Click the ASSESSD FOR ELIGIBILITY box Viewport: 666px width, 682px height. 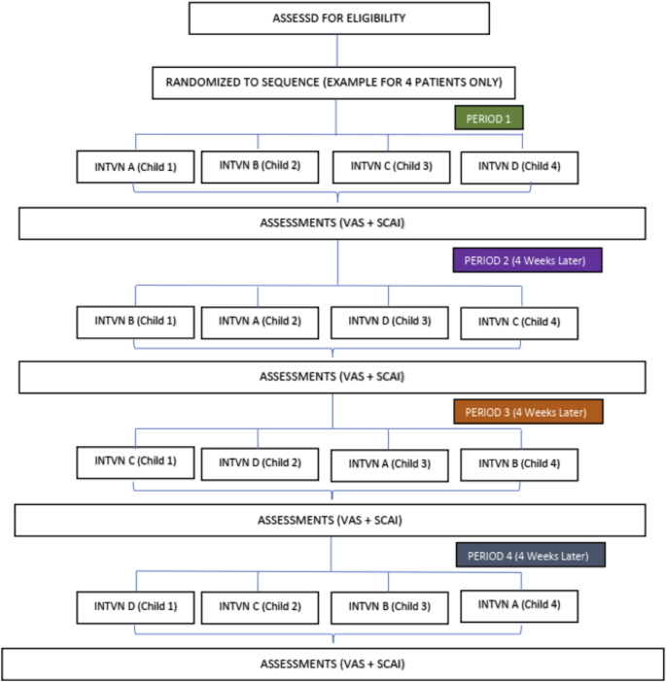[x=335, y=18]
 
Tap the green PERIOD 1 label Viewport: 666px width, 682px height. [x=489, y=119]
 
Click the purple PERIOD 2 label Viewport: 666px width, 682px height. [x=527, y=260]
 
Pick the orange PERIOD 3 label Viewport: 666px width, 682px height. [x=527, y=412]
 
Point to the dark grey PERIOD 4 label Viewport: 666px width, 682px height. [x=530, y=555]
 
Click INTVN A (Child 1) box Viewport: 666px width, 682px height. [x=135, y=166]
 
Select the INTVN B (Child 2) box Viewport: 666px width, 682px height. [x=259, y=165]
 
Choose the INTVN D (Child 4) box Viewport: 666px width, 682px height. [x=519, y=166]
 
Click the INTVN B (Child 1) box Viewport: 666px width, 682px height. [x=135, y=321]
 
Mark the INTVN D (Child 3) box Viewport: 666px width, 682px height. [x=389, y=322]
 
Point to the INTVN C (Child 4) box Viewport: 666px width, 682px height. [x=519, y=322]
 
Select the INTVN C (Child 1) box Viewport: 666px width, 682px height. [x=135, y=461]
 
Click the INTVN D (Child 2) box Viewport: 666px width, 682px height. [x=259, y=462]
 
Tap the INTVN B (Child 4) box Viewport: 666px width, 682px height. [x=519, y=463]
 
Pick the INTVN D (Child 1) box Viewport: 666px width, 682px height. [x=135, y=607]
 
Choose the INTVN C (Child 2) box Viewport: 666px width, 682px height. [x=259, y=607]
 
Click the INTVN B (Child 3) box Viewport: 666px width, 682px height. [x=389, y=607]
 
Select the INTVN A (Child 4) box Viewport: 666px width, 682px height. [x=519, y=604]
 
